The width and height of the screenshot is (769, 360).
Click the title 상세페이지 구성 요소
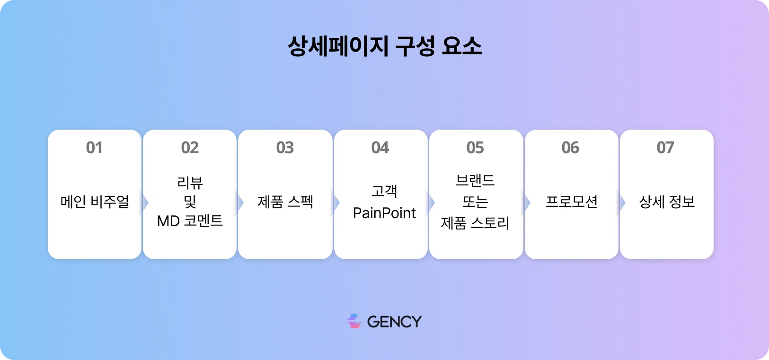click(x=384, y=46)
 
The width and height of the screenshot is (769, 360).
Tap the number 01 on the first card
click(x=94, y=148)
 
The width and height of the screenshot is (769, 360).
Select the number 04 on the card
click(x=380, y=148)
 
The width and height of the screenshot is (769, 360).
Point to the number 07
click(x=665, y=148)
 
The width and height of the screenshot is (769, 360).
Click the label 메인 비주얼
click(x=95, y=202)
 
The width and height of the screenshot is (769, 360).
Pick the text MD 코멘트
click(x=190, y=221)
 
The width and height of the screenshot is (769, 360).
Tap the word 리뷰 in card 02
click(x=190, y=183)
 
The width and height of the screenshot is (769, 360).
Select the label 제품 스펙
click(x=285, y=202)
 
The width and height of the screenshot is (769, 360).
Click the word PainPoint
click(x=384, y=213)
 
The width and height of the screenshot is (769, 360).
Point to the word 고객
click(x=384, y=191)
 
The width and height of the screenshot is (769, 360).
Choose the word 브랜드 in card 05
click(x=475, y=180)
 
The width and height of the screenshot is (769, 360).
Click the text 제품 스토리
click(x=475, y=222)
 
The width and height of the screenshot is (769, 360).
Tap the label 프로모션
click(x=571, y=202)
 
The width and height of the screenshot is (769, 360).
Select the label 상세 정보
click(x=667, y=202)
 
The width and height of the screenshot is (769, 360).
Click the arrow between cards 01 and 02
click(x=145, y=202)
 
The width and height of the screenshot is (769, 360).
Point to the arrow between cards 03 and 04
click(x=336, y=202)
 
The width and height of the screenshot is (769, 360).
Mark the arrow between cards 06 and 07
click(x=622, y=202)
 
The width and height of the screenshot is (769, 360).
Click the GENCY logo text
click(x=394, y=322)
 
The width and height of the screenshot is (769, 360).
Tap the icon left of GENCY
click(x=354, y=321)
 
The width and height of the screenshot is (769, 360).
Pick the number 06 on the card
click(x=570, y=148)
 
